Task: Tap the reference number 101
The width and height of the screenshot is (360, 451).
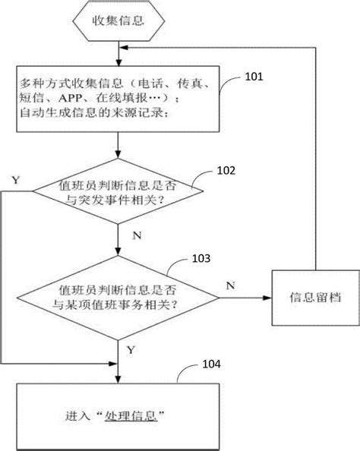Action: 254,77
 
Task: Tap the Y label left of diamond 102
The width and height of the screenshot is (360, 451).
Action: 16,179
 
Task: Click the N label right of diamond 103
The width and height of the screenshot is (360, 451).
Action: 230,285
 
